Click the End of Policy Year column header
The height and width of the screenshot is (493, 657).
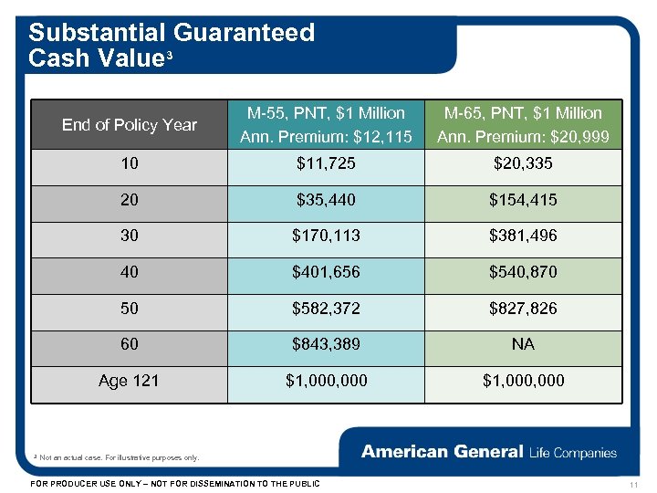130,125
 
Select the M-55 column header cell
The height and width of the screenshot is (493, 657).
326,125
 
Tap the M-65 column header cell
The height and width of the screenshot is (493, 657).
523,125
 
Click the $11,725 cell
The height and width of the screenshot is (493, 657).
326,164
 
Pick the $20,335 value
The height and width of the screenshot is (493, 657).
523,164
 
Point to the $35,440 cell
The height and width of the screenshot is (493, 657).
326,200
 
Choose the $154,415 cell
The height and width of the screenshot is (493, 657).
523,200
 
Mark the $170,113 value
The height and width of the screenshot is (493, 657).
326,236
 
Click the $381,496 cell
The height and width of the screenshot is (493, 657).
523,236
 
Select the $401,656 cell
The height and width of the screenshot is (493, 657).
326,272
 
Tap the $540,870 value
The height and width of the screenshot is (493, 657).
523,272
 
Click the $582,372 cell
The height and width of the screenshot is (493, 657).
326,309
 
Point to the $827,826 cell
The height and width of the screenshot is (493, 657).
523,309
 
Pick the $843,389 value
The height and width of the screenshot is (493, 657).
326,344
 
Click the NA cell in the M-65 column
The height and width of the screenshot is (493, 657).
523,344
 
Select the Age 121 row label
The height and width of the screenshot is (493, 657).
130,380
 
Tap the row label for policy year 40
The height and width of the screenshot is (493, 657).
130,272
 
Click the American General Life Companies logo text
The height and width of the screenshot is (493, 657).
489,452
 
